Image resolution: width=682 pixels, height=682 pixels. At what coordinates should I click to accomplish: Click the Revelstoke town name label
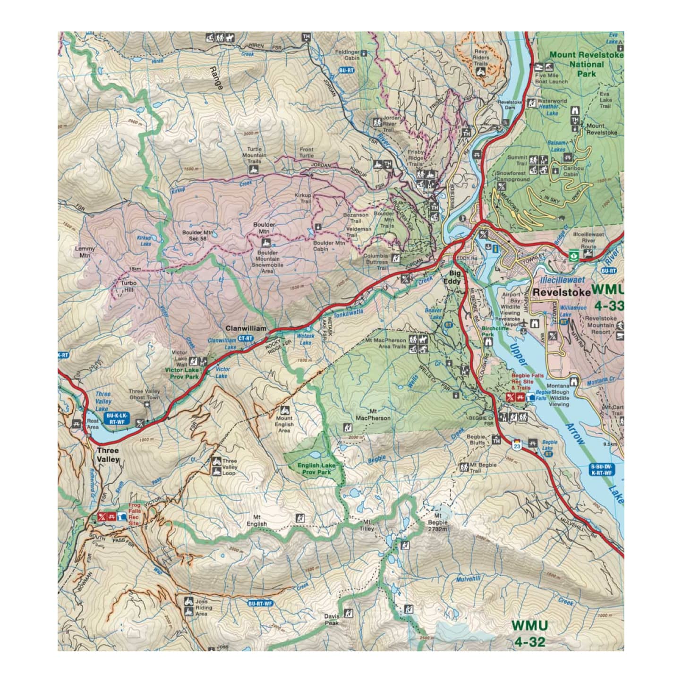pos(561,292)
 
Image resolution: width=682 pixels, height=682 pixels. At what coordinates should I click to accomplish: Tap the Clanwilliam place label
pos(246,328)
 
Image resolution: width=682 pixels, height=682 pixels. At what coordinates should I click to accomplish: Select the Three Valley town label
pos(108,454)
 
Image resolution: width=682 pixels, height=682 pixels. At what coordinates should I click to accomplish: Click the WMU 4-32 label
pos(529,633)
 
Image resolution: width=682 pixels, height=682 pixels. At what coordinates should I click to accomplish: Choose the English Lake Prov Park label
pos(316,469)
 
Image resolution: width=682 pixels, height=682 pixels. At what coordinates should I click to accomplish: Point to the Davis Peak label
pos(332,619)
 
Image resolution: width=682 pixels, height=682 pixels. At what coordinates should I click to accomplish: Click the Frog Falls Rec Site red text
pos(135,514)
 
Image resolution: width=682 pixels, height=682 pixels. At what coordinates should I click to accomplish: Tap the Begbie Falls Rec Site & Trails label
pos(528,381)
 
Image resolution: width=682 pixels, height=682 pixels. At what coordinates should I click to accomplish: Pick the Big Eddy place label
pos(454,277)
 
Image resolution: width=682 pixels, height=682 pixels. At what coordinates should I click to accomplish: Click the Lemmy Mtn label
pos(85,252)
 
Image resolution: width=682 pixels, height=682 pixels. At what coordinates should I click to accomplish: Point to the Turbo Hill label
pos(128,286)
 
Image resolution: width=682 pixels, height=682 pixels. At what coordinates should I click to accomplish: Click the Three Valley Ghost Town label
pos(145,394)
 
